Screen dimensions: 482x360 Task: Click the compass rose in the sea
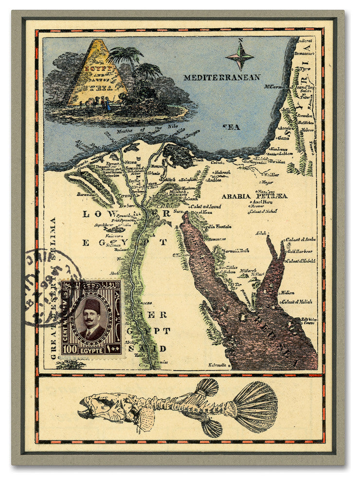(239, 56)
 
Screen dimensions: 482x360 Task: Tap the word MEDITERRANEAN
(221, 77)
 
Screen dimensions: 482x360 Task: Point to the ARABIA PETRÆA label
(254, 196)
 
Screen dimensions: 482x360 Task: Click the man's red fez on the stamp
(91, 305)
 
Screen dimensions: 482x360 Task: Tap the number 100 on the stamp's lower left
(70, 349)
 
